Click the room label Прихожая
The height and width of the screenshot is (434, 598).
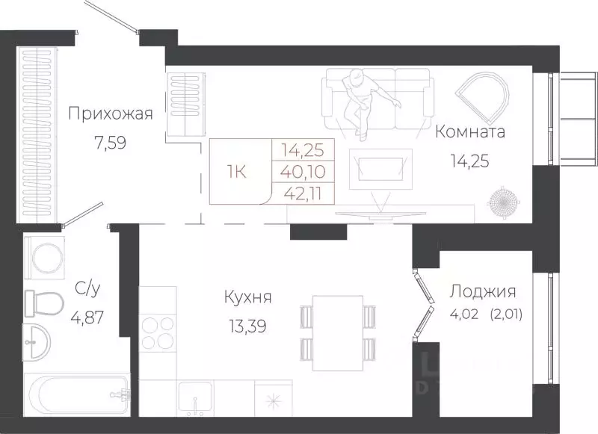[x=110, y=114]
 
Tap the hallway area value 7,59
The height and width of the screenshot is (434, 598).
[x=110, y=142]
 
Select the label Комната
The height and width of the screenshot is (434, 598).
[x=469, y=132]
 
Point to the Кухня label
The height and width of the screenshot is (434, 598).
[x=247, y=297]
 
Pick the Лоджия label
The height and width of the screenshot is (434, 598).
[x=482, y=291]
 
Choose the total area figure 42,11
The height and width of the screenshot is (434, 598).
[x=307, y=192]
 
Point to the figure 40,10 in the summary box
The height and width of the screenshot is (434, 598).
[x=307, y=170]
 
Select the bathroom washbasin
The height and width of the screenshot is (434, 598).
[x=38, y=342]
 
